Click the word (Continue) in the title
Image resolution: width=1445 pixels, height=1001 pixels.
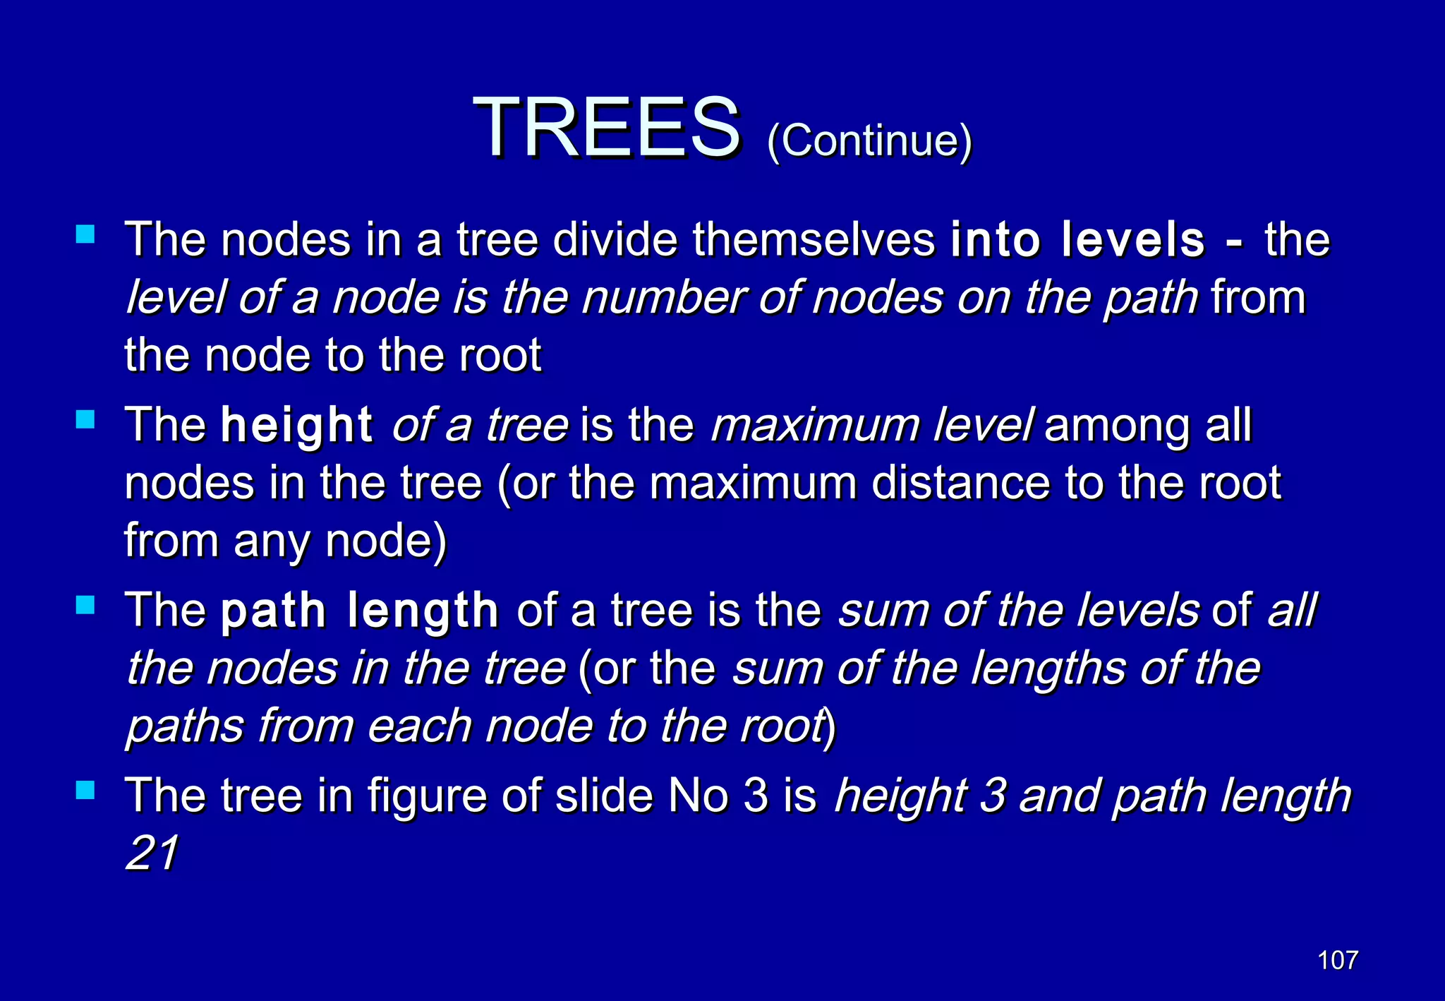coord(869,140)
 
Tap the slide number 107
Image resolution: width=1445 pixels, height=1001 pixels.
coord(1338,960)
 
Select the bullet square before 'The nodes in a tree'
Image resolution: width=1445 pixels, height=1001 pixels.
coord(85,234)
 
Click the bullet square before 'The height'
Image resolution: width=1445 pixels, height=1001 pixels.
coord(85,419)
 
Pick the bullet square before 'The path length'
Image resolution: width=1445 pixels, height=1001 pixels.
coord(85,605)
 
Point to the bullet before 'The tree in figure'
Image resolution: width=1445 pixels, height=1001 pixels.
coord(85,790)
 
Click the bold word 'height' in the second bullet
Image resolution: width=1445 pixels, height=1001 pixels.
coord(296,426)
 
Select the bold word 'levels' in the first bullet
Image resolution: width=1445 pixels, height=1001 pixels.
coord(1133,240)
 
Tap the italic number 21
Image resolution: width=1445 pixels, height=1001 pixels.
coord(152,853)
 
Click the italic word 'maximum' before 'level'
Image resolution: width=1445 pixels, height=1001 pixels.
coord(815,426)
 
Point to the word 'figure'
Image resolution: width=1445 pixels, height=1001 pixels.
coord(427,796)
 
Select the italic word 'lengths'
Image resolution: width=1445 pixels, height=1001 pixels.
coord(1048,669)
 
